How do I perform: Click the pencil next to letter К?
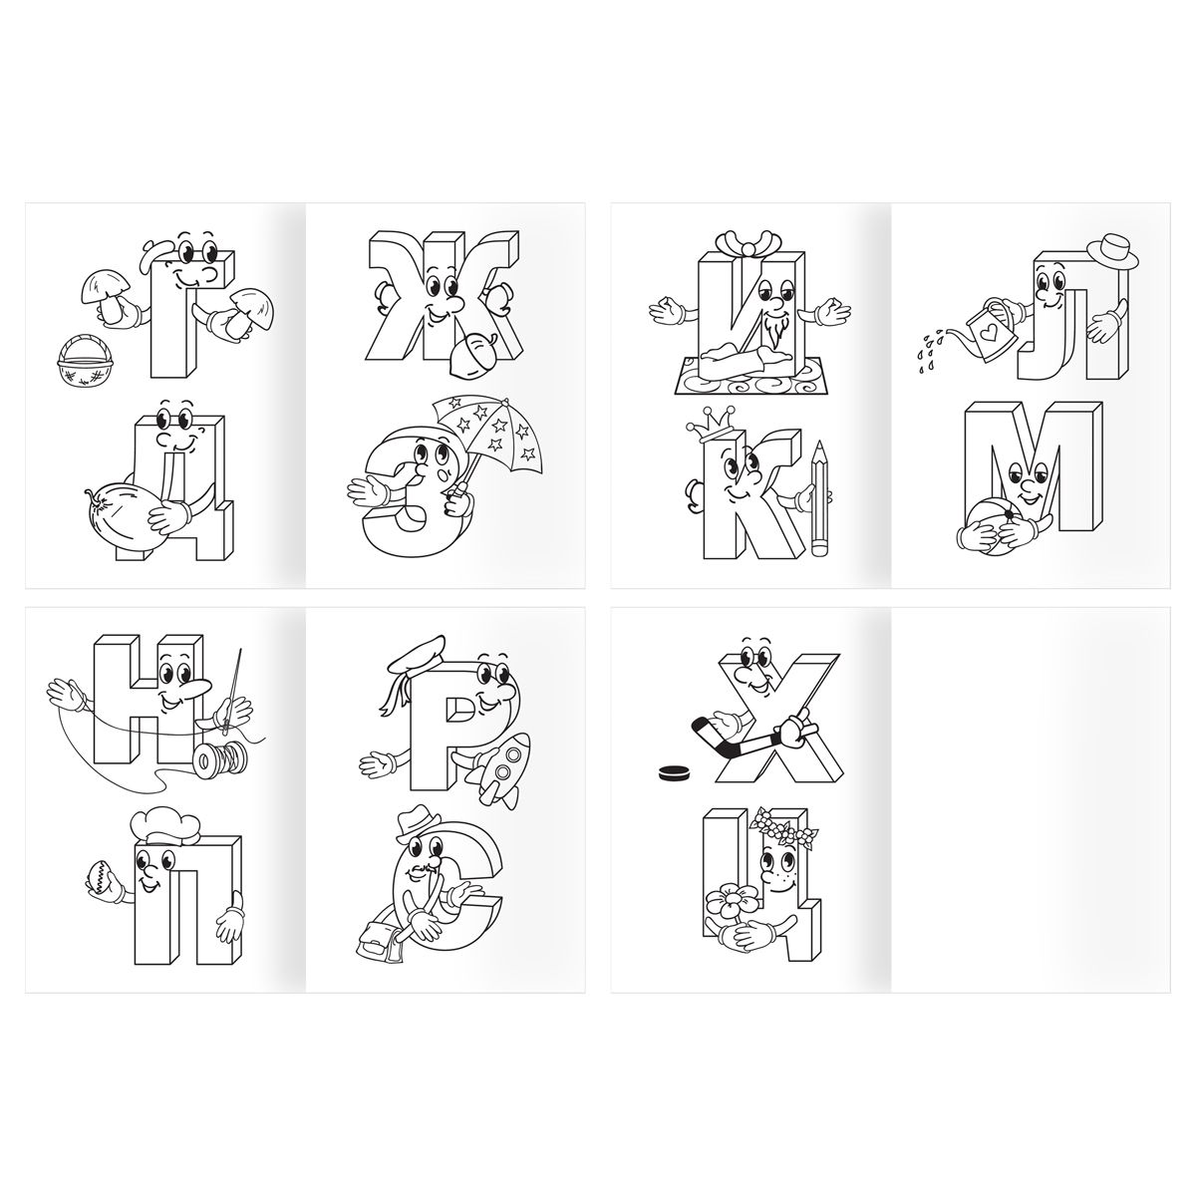(x=820, y=497)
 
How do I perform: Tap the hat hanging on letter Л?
(x=1112, y=251)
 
